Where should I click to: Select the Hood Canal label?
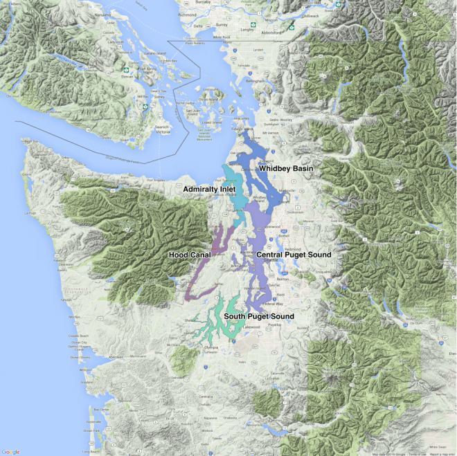[189, 255]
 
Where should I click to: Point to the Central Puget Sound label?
[294, 255]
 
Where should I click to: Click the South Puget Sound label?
[258, 316]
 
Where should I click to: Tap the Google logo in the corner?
[10, 451]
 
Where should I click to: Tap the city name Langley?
[247, 30]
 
